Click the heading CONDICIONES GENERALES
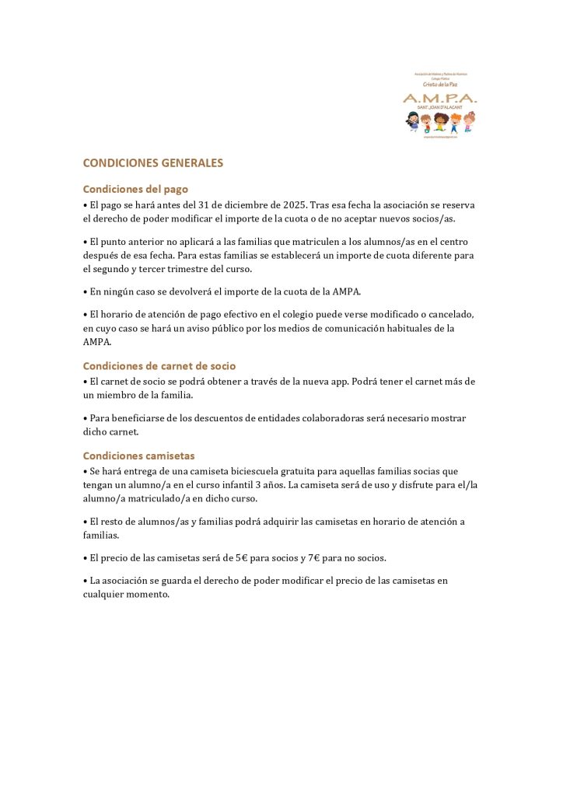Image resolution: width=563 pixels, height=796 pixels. pyautogui.click(x=152, y=163)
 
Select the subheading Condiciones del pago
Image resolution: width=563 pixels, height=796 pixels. pyautogui.click(x=135, y=189)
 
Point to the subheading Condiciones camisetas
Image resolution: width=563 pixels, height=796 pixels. pyautogui.click(x=138, y=456)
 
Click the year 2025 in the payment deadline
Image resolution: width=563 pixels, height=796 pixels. pyautogui.click(x=294, y=204)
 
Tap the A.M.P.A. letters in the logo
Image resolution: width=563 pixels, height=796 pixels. pyautogui.click(x=439, y=98)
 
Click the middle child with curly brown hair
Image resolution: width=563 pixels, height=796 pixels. pyautogui.click(x=440, y=121)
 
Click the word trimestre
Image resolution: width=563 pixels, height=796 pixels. pyautogui.click(x=197, y=269)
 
